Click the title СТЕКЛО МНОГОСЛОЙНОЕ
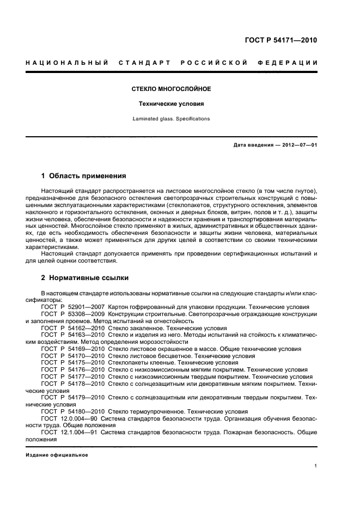click(x=172, y=89)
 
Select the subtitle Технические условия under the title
click(x=172, y=104)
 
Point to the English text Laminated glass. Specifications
click(x=172, y=118)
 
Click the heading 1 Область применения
click(x=84, y=176)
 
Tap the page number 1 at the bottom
click(x=316, y=466)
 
